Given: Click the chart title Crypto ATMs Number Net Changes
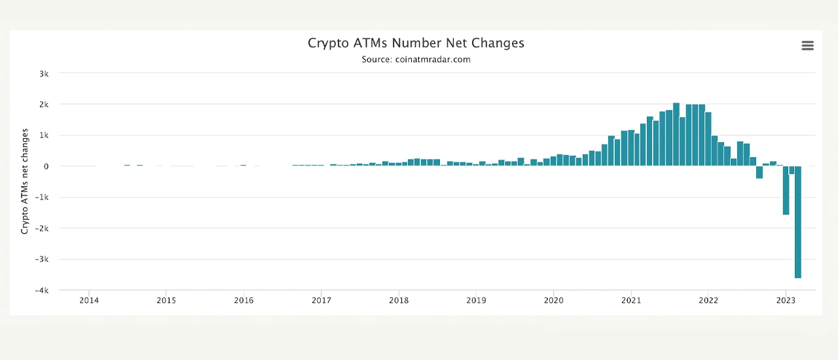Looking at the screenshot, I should tap(416, 43).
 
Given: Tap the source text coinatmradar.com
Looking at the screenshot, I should tap(416, 60).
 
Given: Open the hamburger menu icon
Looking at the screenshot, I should tap(807, 46).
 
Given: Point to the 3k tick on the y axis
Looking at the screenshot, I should tap(44, 74).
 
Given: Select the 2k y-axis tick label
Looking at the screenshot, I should tap(44, 105).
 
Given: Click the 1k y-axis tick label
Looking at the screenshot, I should tap(44, 135).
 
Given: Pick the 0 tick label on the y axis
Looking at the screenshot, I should tap(46, 166).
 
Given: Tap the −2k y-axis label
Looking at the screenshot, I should tap(43, 228).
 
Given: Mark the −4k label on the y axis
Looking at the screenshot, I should tap(43, 291).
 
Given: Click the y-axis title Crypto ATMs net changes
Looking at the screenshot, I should tap(25, 181).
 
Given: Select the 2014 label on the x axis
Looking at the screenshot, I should tap(89, 301).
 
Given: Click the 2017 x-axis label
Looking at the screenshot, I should tap(321, 301).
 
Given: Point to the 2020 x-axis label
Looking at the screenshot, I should tap(553, 301).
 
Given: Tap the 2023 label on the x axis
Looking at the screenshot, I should tap(786, 301).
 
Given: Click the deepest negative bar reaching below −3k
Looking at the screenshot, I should tap(798, 223).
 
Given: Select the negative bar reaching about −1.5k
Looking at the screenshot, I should tap(786, 190).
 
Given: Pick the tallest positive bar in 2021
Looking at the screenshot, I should tap(676, 134).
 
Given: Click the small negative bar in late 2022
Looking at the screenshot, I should tap(759, 172).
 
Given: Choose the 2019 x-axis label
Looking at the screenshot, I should tap(476, 301).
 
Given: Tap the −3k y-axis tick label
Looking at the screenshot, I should tap(43, 260).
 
